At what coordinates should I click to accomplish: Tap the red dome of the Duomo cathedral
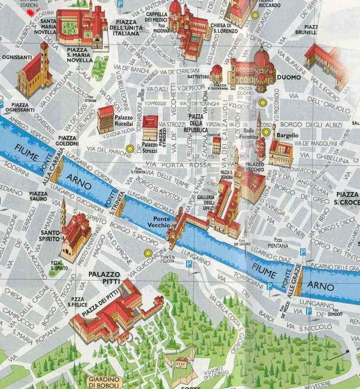coord(262,59)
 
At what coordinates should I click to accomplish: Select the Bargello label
coord(288,134)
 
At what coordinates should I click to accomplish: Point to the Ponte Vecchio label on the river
coord(161,222)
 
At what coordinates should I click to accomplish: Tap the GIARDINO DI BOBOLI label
coord(104,382)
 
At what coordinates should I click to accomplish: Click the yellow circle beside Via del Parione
coord(130,148)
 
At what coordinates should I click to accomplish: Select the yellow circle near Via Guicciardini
coord(148,253)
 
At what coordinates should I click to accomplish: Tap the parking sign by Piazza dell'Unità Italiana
coord(120,4)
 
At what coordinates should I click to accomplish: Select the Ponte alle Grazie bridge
coord(296,279)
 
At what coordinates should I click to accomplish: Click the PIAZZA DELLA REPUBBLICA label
coord(196,123)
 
